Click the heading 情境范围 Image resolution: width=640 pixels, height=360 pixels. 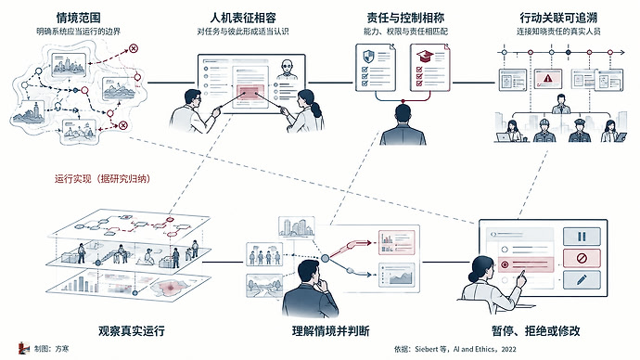[78, 18]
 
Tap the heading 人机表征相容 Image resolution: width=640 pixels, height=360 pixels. [243, 18]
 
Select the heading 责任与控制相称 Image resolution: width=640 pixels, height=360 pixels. [405, 18]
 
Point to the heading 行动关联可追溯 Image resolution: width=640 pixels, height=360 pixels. [558, 18]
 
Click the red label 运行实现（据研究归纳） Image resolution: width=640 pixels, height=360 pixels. [102, 179]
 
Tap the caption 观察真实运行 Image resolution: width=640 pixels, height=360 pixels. [132, 330]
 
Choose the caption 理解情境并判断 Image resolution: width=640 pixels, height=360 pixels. [331, 330]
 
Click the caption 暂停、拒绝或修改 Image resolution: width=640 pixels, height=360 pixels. [536, 330]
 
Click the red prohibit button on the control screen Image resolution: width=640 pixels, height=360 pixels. [582, 258]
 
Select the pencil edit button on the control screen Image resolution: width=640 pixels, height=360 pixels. [582, 280]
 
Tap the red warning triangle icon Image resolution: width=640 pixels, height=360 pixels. [548, 78]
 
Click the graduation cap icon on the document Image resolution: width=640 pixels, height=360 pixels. [425, 56]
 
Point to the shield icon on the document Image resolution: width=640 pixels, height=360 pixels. [368, 56]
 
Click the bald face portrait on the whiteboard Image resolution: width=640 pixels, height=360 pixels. [288, 69]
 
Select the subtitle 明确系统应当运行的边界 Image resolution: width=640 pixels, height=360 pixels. [78, 32]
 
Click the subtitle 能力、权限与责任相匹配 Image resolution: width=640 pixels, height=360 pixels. [405, 32]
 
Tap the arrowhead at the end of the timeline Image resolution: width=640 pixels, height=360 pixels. [622, 52]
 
